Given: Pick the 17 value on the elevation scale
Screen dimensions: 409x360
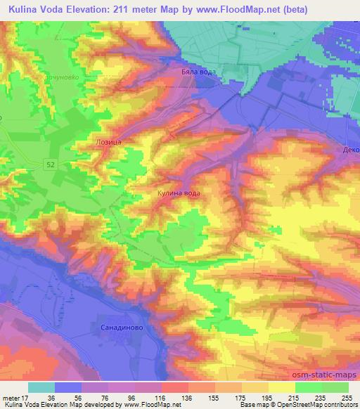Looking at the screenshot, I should coord(27,396).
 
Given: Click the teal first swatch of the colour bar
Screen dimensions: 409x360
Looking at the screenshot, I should coord(41,387).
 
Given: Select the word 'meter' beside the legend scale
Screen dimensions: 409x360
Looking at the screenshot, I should coord(11,396).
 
